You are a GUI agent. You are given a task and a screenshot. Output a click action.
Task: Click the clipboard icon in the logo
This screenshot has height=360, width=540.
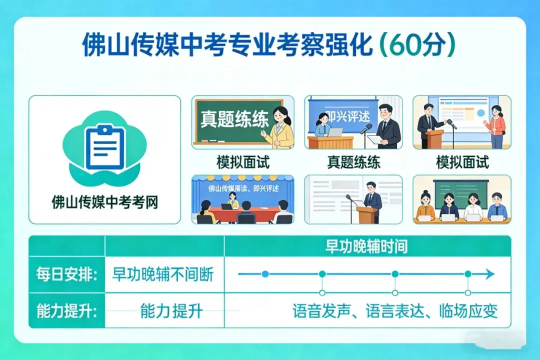point(104,147)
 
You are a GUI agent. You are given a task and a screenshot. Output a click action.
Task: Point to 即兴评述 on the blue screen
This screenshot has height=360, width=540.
point(349,115)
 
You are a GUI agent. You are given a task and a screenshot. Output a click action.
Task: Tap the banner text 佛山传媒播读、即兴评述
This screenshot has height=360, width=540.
point(243,188)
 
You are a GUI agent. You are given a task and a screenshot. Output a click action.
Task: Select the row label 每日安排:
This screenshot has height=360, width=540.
point(67,274)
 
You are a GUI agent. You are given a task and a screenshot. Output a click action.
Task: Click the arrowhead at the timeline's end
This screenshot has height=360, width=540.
point(489,274)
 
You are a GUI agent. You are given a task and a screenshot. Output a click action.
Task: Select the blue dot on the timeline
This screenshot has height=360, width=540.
point(265,274)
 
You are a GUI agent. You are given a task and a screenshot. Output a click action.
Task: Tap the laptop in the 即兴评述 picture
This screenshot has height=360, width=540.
point(335,132)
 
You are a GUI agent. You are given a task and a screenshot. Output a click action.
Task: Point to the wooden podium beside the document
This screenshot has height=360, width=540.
point(367,214)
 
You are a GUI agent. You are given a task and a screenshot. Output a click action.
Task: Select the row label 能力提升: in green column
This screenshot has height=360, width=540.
point(67,311)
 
